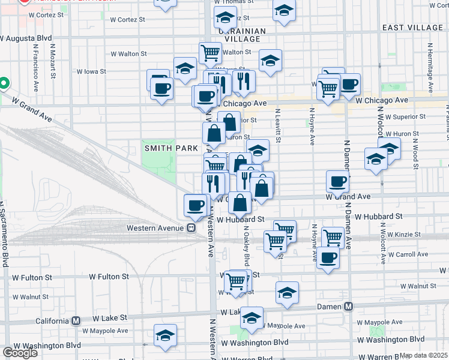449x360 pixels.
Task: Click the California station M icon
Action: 76,320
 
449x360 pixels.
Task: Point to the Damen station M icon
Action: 348,307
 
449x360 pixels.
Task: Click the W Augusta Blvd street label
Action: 26,38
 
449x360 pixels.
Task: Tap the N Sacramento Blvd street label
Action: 6,234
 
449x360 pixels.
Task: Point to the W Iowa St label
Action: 91,71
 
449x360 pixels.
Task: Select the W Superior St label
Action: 405,117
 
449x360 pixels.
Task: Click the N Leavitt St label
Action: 278,125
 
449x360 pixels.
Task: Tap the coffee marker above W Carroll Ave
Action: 328,258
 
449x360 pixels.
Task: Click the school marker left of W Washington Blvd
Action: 165,337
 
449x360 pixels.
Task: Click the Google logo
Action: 20,353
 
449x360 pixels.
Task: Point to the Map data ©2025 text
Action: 424,355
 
